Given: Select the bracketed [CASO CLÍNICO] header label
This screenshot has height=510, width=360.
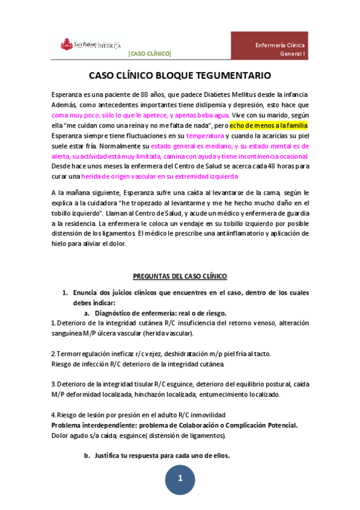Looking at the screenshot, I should coord(150,54).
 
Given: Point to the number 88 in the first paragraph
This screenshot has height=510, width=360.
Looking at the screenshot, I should coord(144,95).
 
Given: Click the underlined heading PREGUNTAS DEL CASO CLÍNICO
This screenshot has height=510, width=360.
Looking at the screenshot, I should coord(180,276).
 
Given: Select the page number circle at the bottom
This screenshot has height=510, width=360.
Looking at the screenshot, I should coord(180,480).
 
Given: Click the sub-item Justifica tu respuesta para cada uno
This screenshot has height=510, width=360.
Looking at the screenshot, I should coord(162,455).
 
